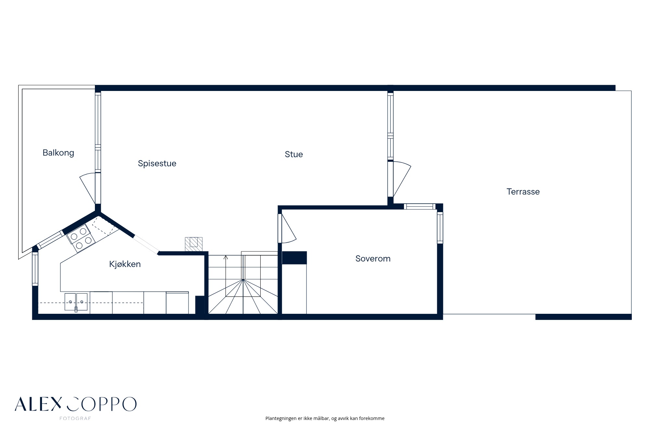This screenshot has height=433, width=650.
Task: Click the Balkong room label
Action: [x=58, y=153]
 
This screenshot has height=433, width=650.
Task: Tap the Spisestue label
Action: [x=157, y=163]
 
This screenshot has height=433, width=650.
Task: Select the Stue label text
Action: [x=294, y=154]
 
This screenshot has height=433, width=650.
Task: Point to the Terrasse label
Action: [x=523, y=192]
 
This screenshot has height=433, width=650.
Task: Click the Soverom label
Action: [x=373, y=259]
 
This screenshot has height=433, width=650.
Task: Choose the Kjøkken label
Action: [x=125, y=264]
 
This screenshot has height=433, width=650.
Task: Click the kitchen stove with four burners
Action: [x=81, y=238]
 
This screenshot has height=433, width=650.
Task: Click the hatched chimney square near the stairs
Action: [x=194, y=244]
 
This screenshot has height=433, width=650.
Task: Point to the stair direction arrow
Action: [x=226, y=258]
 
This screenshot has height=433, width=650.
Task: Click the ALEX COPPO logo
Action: [x=75, y=404]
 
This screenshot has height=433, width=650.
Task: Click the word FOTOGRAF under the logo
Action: [x=75, y=418]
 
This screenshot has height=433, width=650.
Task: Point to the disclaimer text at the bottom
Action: [x=325, y=418]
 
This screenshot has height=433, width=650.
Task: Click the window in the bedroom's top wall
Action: [x=420, y=206]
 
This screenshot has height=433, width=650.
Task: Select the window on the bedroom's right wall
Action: [x=440, y=227]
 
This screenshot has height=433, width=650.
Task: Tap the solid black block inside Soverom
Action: [x=294, y=258]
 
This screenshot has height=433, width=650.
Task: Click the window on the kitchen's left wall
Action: [x=35, y=269]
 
